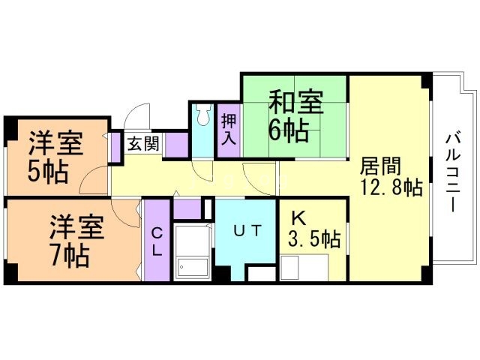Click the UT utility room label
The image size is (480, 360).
246,231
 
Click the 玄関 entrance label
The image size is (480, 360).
142,143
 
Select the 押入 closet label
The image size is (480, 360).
229,129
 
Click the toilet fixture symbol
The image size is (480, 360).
202,115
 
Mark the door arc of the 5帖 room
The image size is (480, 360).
93,180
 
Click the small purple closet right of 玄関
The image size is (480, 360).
176,143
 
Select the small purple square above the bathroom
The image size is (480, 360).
187,207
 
